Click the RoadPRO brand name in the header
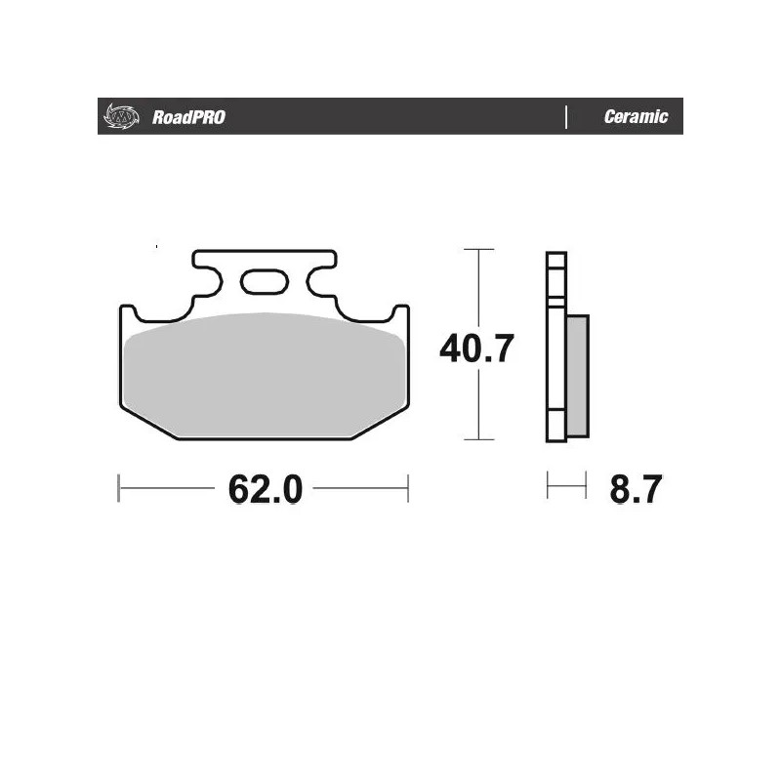click(x=189, y=117)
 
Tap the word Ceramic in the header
click(x=636, y=117)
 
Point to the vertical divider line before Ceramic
click(x=566, y=117)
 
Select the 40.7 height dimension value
click(x=476, y=349)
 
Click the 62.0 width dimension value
click(x=265, y=489)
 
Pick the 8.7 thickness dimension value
click(x=636, y=489)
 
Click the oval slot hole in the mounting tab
click(x=262, y=282)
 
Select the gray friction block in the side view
click(x=577, y=375)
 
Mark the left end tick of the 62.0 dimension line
click(x=118, y=488)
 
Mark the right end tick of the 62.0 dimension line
click(x=408, y=488)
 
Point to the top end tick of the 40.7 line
click(x=476, y=251)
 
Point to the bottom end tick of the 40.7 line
click(x=476, y=440)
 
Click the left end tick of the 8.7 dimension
click(x=548, y=485)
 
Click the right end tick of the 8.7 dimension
click(x=586, y=485)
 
